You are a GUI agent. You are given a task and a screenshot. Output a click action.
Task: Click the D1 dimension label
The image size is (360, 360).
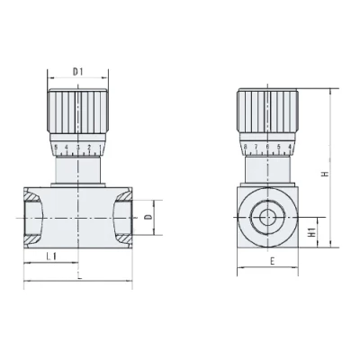(77, 70)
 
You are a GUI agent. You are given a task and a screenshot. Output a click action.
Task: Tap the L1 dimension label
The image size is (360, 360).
(51, 257)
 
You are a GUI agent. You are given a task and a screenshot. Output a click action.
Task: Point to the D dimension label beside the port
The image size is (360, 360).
(148, 217)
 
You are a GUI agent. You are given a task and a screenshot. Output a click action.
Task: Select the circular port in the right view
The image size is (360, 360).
(267, 217)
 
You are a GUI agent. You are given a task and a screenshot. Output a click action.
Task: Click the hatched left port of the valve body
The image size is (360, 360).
(33, 217)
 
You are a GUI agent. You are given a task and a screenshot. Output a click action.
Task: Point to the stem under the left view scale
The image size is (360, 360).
(77, 168)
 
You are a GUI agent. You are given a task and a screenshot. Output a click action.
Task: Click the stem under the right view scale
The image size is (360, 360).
(267, 168)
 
